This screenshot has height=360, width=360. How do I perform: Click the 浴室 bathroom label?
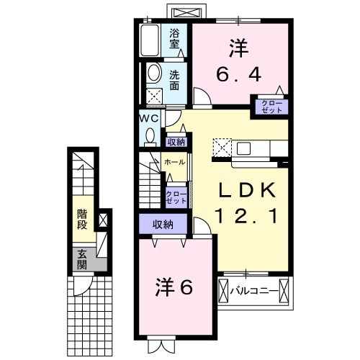coord(175,37)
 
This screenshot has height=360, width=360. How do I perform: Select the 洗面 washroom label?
coord(175,79)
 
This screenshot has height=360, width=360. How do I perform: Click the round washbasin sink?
coord(154,73)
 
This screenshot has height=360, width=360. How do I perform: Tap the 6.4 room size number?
coord(239,73)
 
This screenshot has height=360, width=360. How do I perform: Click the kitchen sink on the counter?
coord(243,148)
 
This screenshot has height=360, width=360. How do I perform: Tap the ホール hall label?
coord(174,162)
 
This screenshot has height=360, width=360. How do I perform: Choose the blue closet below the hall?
coord(175,197)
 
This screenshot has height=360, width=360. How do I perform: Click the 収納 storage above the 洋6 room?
coord(163,225)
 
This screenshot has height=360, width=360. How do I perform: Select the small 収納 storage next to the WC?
coord(176,142)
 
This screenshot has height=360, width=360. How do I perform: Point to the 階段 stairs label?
coord(82,220)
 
